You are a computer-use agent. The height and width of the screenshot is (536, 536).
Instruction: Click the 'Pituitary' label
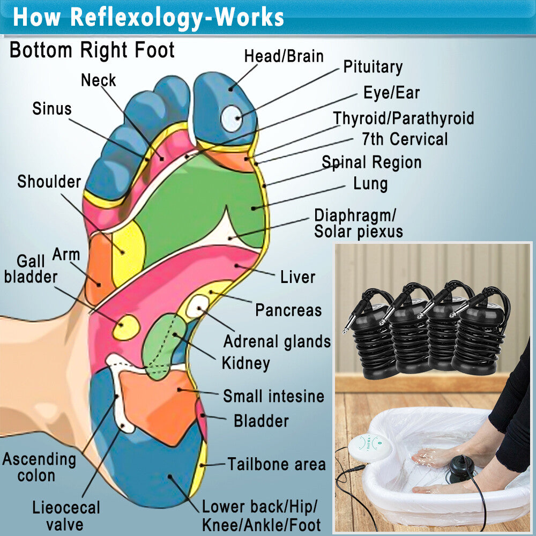[x=373, y=66]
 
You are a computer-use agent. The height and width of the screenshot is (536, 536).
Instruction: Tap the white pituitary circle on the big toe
[x=232, y=118]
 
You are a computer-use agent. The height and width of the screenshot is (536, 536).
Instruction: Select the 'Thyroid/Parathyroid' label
[x=404, y=118]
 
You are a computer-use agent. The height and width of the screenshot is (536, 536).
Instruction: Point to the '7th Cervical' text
[x=405, y=139]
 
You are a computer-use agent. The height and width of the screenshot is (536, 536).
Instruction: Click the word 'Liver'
[x=297, y=277]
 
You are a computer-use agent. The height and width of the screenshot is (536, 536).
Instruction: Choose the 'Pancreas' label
[x=288, y=310]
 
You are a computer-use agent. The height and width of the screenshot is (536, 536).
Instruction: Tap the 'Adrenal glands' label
[x=277, y=341]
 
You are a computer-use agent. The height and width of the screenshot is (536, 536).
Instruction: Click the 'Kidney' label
[x=246, y=363]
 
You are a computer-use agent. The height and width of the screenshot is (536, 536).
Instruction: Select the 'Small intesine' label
[x=273, y=396]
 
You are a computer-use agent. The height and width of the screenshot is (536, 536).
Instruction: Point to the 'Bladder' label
[x=261, y=421]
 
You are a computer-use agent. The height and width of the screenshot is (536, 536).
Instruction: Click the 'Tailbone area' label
[x=277, y=464]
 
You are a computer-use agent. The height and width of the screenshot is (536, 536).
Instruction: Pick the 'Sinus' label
[x=52, y=109]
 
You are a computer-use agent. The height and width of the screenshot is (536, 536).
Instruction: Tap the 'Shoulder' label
[x=49, y=182]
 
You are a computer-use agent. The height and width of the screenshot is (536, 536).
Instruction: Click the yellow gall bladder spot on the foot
[x=126, y=327]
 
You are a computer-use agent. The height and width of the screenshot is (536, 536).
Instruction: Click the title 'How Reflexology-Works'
[x=148, y=17]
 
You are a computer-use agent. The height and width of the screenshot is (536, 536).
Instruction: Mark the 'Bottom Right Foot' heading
[x=92, y=50]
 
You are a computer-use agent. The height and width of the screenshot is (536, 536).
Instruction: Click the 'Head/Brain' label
[x=284, y=56]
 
